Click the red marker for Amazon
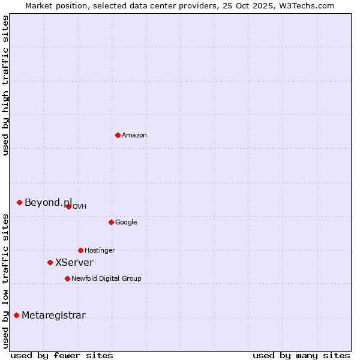click(118, 135)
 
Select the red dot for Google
click(111, 222)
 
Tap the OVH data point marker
click(68, 206)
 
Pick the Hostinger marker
click(80, 250)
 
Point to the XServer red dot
click(50, 262)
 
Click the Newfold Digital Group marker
click(67, 278)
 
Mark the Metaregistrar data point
click(16, 315)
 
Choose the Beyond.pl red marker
click(19, 202)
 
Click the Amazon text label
click(134, 136)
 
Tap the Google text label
click(126, 223)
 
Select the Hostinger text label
click(100, 251)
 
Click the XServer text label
click(74, 263)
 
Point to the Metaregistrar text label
click(53, 316)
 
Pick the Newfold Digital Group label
click(106, 279)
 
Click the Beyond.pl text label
click(48, 203)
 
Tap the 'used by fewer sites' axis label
click(62, 355)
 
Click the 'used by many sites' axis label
click(301, 355)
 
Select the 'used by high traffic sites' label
click(5, 85)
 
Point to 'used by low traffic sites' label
click(5, 281)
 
